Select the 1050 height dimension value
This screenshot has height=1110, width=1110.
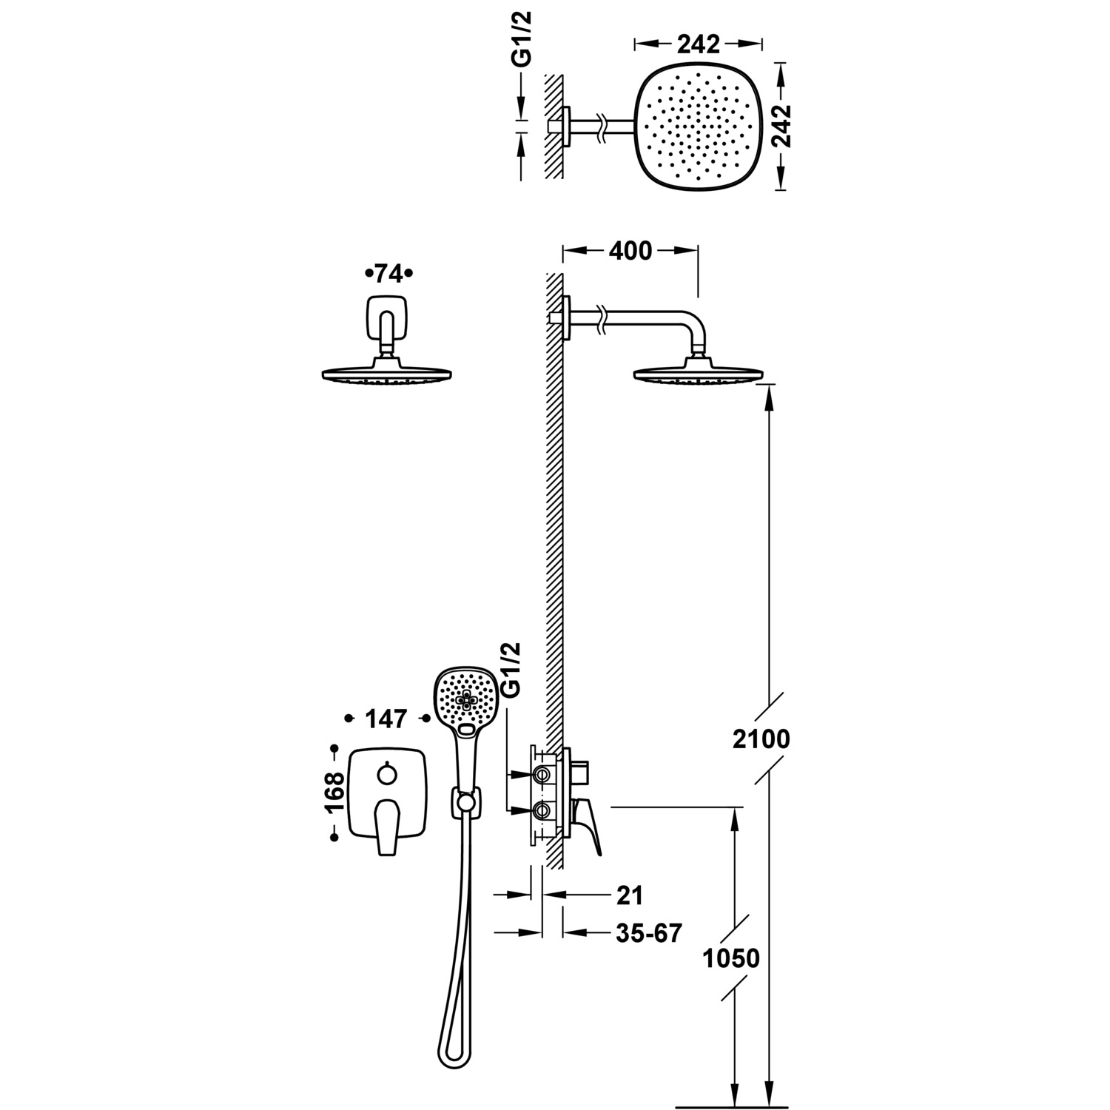click(731, 958)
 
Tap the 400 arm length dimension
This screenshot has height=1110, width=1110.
click(630, 252)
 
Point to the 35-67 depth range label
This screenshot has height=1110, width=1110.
click(648, 933)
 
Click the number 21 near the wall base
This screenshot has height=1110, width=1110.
click(629, 895)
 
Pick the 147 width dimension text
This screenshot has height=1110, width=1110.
click(386, 718)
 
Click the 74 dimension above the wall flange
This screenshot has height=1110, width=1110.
click(388, 274)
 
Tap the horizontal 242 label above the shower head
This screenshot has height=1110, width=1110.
click(698, 44)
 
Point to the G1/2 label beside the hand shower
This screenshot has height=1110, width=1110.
click(511, 670)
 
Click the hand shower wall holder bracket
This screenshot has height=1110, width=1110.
click(465, 802)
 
